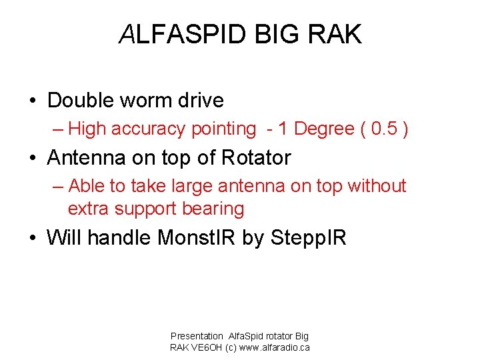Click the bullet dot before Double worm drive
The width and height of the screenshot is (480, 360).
click(x=32, y=101)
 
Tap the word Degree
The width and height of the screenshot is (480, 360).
click(x=326, y=129)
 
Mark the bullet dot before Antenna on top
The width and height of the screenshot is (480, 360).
click(x=32, y=159)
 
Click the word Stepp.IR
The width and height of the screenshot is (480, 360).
click(x=309, y=238)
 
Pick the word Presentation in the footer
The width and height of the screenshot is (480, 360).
click(x=197, y=337)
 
